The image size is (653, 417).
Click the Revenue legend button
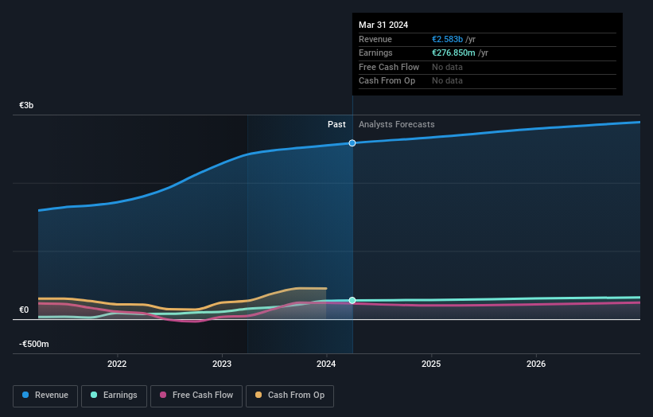coord(46,396)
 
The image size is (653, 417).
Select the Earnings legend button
coord(115,396)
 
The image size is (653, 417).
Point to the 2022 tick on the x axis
coord(117,364)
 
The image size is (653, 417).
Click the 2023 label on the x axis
coord(222,364)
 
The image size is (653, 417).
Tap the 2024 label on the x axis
coord(326,364)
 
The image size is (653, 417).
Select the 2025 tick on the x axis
coord(431,364)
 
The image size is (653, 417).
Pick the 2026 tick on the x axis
coord(536,364)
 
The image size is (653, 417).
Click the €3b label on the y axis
coord(27,106)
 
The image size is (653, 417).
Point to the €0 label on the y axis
coord(25,310)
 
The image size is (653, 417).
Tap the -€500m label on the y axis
coord(34,345)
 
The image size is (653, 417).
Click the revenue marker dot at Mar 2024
coord(352,143)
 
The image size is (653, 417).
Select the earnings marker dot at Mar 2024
coord(352,301)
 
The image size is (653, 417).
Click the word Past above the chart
coord(336,125)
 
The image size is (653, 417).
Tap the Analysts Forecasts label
coord(397,125)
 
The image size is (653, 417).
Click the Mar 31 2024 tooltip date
coord(383,25)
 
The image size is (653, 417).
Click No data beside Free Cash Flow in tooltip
coord(447,67)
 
